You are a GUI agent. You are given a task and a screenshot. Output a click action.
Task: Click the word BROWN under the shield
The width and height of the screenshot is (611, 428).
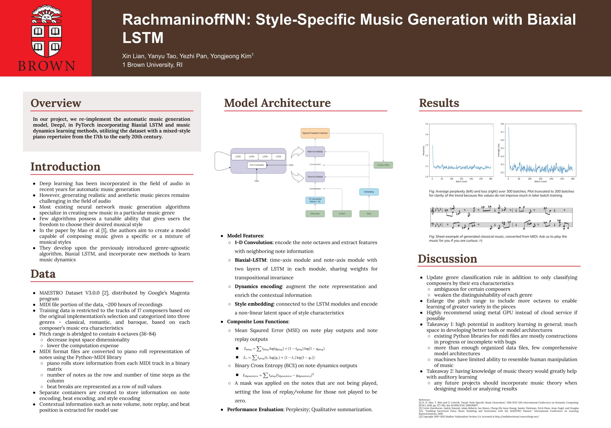(x=47, y=66)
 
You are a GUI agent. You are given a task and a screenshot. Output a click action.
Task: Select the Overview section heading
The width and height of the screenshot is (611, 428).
(x=56, y=103)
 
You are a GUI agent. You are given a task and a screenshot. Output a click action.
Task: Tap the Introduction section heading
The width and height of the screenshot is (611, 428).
(x=65, y=167)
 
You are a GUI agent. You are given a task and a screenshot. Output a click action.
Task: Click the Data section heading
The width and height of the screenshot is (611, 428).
(x=43, y=274)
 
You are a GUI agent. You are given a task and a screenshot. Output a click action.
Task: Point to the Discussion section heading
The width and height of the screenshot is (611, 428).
(x=447, y=259)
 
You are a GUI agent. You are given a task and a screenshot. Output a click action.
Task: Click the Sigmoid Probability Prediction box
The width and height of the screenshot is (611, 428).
(x=315, y=133)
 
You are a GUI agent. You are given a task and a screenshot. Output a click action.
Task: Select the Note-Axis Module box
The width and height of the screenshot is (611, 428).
(x=315, y=152)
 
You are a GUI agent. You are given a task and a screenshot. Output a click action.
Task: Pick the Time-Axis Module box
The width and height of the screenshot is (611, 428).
(x=315, y=177)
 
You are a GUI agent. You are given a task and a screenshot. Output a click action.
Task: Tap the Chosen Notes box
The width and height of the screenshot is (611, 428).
(x=383, y=165)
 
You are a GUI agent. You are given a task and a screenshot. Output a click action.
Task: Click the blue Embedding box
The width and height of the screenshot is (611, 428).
(x=369, y=192)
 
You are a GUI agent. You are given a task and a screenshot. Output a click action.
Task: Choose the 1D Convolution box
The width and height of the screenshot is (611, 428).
(x=315, y=200)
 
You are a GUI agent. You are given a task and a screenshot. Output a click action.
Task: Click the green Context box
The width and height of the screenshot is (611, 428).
(x=342, y=214)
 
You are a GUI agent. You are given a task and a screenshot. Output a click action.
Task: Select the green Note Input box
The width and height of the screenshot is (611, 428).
(x=315, y=214)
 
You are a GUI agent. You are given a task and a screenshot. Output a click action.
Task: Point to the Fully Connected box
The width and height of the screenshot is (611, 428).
(x=257, y=165)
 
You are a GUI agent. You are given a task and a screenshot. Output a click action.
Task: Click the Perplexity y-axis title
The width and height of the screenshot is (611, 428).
(x=424, y=150)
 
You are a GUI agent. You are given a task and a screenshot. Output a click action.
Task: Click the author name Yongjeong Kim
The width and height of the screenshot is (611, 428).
(x=231, y=56)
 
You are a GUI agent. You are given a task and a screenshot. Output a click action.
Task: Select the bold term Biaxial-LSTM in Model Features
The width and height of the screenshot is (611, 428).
(x=251, y=260)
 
